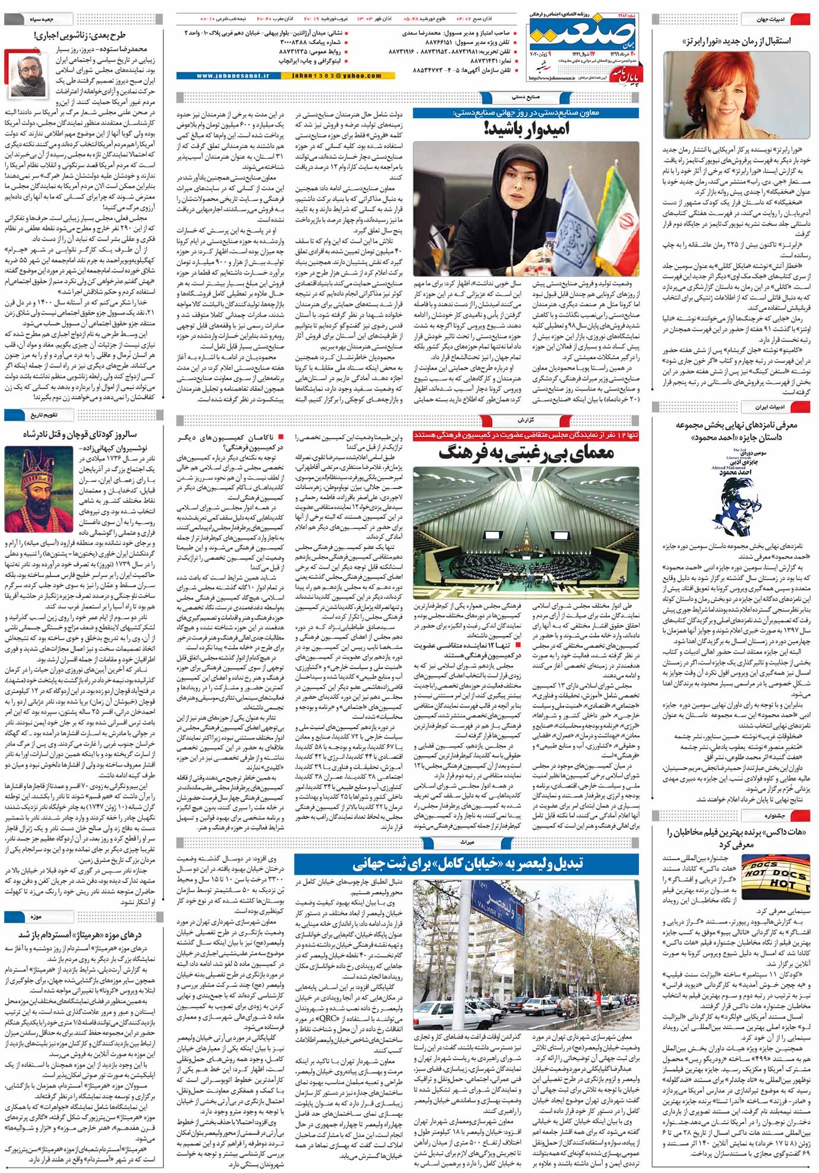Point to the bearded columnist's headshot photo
coord(27,74)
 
